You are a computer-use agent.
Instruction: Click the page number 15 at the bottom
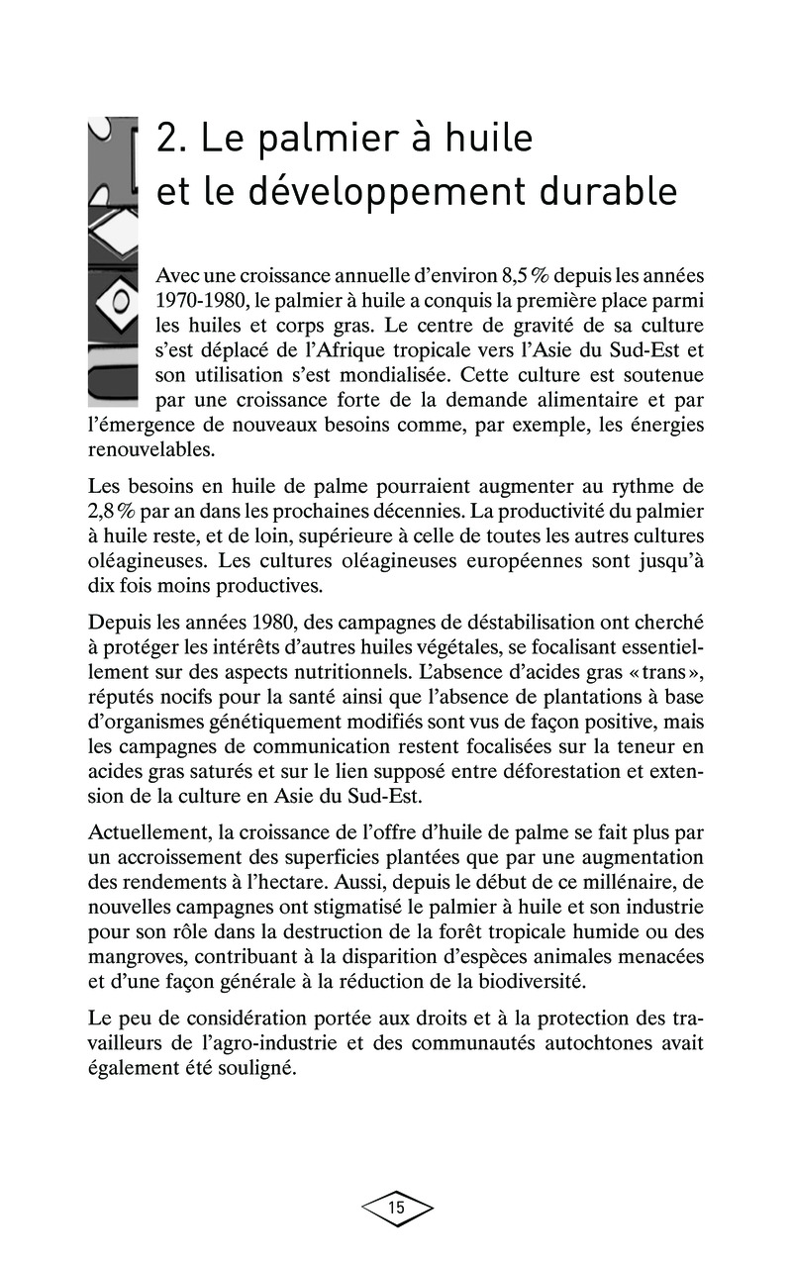click(x=396, y=1208)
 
